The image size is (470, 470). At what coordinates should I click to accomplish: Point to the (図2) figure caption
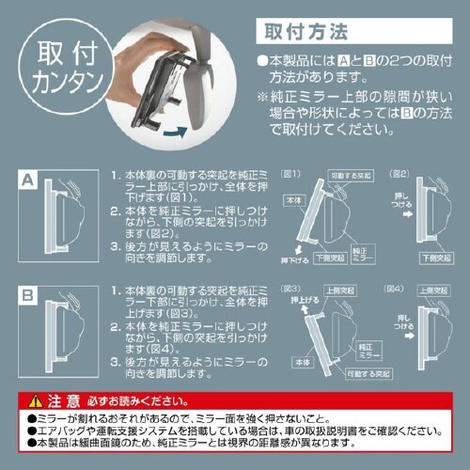[x=397, y=174]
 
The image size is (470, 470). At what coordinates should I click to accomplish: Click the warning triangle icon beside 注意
[x=35, y=398]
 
